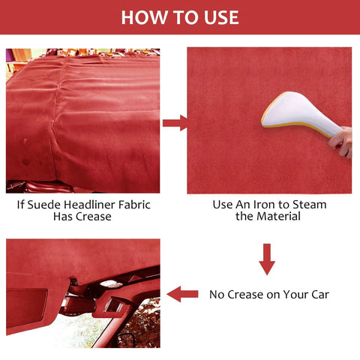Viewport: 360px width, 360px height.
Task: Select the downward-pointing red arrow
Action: tap(267, 259)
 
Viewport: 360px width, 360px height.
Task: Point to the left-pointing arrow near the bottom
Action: tap(182, 294)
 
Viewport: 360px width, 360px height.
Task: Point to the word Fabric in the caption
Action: tap(136, 204)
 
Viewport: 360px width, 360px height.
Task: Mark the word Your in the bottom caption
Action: tap(293, 295)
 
